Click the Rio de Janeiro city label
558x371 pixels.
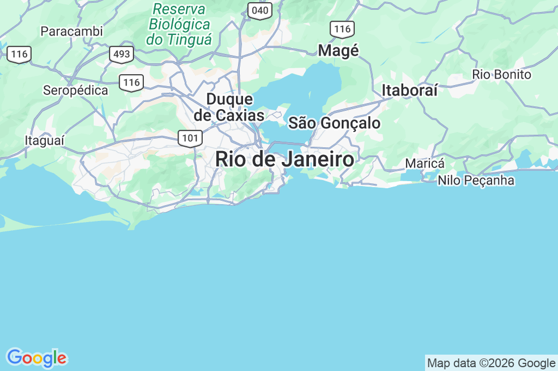[x=284, y=160]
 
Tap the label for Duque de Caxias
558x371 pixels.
[x=229, y=107]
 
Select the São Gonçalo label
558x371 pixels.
[x=334, y=123]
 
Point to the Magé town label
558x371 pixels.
[x=338, y=51]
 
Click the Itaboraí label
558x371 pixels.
[x=410, y=91]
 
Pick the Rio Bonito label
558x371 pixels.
[x=501, y=74]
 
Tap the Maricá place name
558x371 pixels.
[x=425, y=164]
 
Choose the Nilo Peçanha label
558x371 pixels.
[x=476, y=180]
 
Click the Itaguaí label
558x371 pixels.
[x=45, y=141]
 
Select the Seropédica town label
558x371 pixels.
[x=75, y=91]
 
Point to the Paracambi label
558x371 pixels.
[x=71, y=31]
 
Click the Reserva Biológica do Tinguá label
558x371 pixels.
[x=179, y=25]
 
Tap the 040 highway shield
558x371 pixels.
[x=260, y=10]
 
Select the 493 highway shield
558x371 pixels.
[x=121, y=54]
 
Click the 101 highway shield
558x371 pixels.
[x=190, y=138]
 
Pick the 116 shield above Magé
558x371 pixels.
[x=342, y=29]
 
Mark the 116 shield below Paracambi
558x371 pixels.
[x=19, y=54]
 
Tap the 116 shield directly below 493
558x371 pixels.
[x=132, y=82]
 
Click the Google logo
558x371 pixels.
[x=36, y=358]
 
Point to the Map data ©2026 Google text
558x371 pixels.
[x=491, y=363]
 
